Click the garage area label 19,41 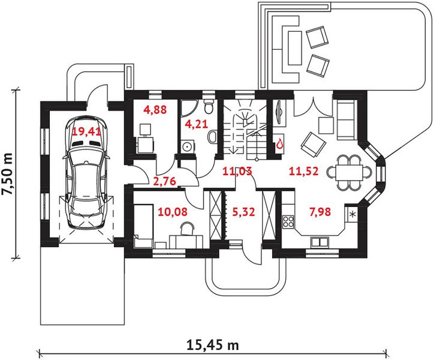point(86,131)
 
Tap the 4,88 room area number point(155,110)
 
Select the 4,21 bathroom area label point(196,124)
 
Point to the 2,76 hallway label point(164,181)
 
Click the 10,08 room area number point(173,212)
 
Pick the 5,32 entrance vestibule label point(243,212)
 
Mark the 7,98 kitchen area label point(320,212)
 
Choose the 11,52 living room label point(304,171)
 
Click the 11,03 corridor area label point(237,171)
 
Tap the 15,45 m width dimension point(213,345)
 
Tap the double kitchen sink point(320,242)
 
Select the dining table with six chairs point(349,173)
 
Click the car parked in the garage point(86,173)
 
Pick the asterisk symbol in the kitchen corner point(352,214)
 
